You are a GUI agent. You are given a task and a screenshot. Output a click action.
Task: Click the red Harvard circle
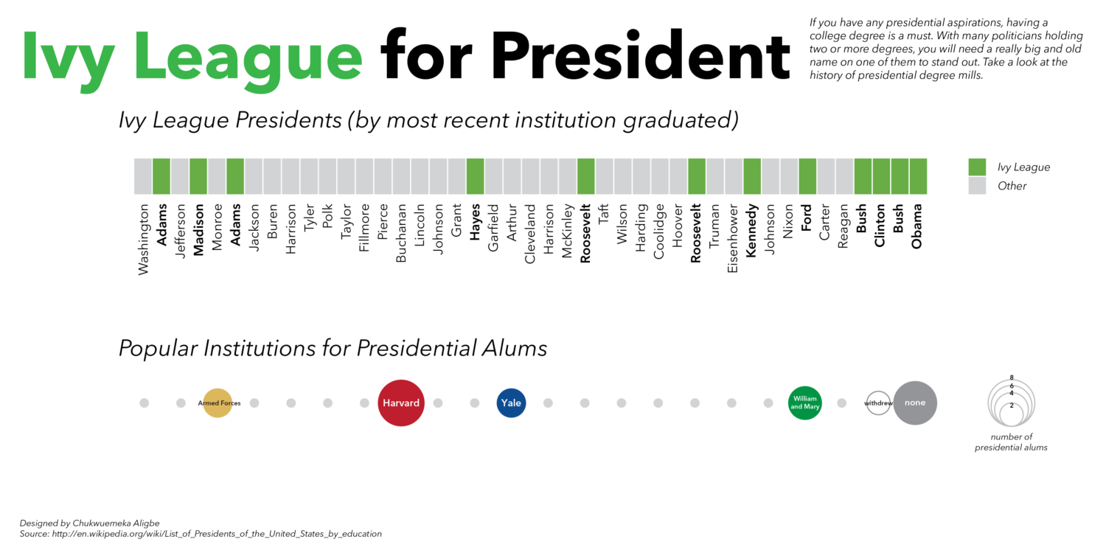click(x=400, y=403)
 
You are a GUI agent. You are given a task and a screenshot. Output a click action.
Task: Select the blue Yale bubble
click(x=511, y=403)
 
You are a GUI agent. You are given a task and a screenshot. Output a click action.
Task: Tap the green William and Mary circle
click(x=804, y=403)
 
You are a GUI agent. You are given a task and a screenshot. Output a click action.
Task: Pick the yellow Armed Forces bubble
click(x=218, y=403)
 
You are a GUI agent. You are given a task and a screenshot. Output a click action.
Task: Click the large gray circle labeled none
click(x=915, y=403)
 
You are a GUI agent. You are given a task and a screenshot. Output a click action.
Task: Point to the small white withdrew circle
click(x=877, y=403)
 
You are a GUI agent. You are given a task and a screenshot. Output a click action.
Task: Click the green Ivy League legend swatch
click(x=977, y=167)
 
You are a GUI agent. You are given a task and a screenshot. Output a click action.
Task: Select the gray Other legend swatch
click(x=977, y=186)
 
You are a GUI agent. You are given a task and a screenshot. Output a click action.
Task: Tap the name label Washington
click(x=144, y=240)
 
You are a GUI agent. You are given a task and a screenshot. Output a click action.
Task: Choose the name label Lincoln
click(x=420, y=229)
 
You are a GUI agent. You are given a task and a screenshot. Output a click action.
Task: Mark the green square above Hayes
click(x=475, y=176)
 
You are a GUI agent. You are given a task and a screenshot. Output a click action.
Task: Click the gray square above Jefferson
click(x=180, y=176)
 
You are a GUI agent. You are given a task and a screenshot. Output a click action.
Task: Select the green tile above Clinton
click(x=881, y=176)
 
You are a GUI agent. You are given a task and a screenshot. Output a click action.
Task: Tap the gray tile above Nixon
click(x=789, y=176)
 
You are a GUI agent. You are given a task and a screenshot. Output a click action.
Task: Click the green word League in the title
click(x=248, y=58)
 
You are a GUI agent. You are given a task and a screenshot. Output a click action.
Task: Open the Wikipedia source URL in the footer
click(x=217, y=534)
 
